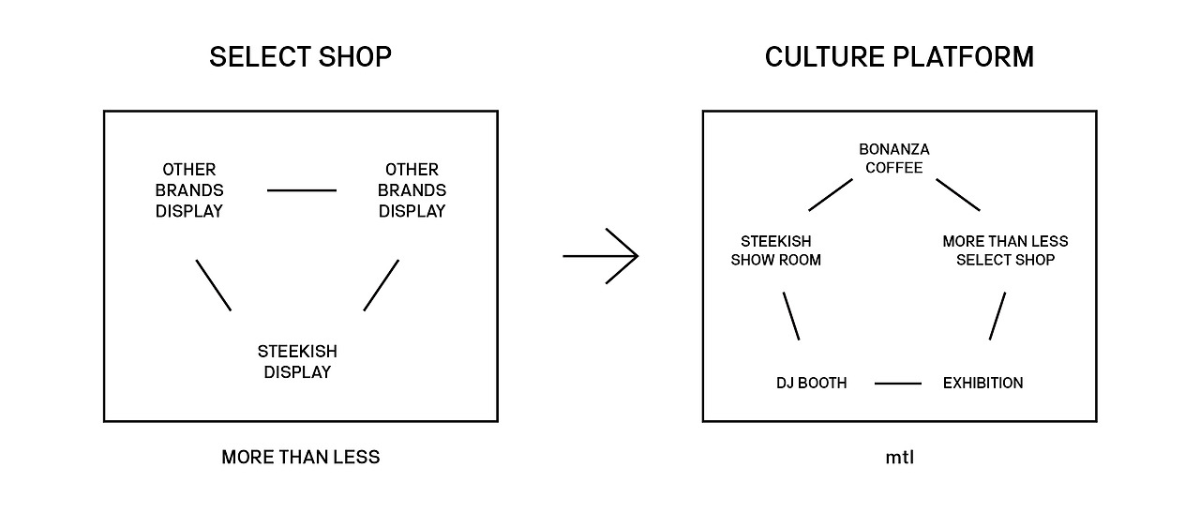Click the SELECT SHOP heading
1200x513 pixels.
click(x=300, y=57)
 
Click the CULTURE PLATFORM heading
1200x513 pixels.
click(x=899, y=57)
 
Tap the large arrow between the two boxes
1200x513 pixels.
click(x=601, y=255)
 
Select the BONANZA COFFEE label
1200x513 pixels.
click(x=893, y=158)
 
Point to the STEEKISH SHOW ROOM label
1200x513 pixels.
click(x=775, y=250)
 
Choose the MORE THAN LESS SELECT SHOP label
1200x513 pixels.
click(x=1005, y=250)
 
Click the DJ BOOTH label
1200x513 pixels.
click(x=811, y=383)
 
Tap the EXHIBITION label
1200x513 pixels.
click(x=982, y=383)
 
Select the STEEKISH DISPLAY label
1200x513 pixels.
click(x=297, y=362)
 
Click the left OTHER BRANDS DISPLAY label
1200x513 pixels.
click(x=189, y=190)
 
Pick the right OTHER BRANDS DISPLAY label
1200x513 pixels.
click(x=412, y=190)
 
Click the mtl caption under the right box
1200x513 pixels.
click(x=899, y=458)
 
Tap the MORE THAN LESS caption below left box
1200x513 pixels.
click(x=300, y=458)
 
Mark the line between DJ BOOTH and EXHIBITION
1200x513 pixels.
click(x=898, y=383)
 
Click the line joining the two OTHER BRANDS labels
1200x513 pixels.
click(x=301, y=190)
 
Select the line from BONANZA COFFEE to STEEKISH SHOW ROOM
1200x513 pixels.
click(x=830, y=194)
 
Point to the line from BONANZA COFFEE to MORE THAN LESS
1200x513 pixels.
click(x=957, y=194)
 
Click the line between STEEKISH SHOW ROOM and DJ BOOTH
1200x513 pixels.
click(x=791, y=316)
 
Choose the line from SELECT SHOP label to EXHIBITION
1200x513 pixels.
click(x=997, y=316)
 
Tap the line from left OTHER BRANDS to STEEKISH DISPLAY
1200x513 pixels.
click(x=213, y=284)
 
